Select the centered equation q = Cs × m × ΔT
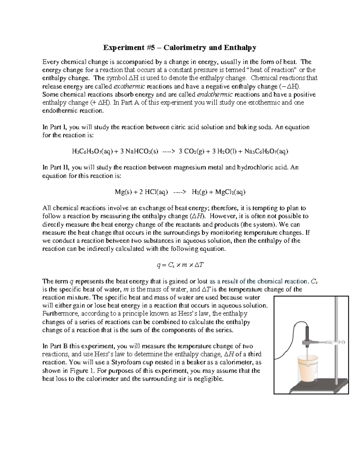click(180, 265)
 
